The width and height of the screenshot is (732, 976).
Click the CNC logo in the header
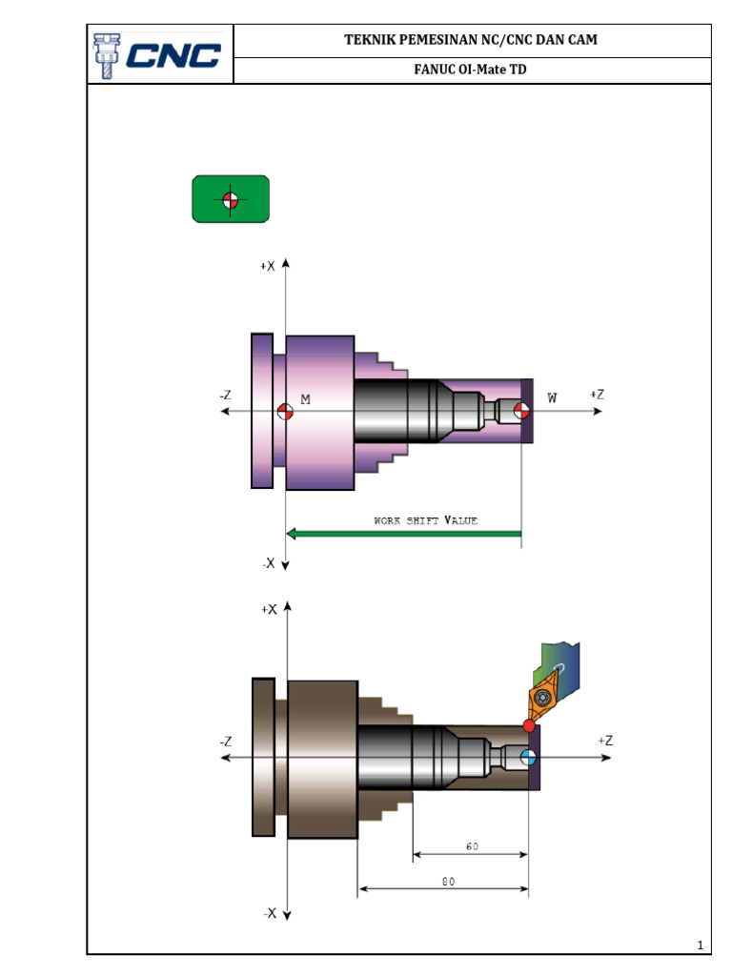tap(159, 55)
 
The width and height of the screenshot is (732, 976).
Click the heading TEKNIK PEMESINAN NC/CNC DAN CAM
tap(471, 40)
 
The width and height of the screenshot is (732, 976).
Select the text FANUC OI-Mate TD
tap(471, 70)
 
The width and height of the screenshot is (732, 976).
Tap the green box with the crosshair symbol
tap(230, 199)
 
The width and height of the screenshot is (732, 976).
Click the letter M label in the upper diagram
tap(305, 400)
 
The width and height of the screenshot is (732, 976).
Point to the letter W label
tap(552, 396)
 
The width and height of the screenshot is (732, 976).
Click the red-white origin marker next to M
tap(283, 412)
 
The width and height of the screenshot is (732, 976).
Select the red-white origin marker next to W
tap(521, 411)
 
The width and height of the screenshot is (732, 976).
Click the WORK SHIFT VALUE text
tap(425, 520)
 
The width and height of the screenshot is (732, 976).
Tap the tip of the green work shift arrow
tap(291, 534)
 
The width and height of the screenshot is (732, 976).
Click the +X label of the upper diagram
tap(267, 268)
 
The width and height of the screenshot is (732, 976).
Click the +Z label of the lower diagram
tap(605, 741)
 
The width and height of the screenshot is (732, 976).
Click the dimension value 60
tap(472, 846)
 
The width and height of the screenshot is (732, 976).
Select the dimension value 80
tap(448, 883)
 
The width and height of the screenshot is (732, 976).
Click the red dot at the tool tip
tap(529, 726)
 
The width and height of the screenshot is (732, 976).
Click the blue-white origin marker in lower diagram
tap(529, 758)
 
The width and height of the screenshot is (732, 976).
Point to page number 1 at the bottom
tap(700, 945)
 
